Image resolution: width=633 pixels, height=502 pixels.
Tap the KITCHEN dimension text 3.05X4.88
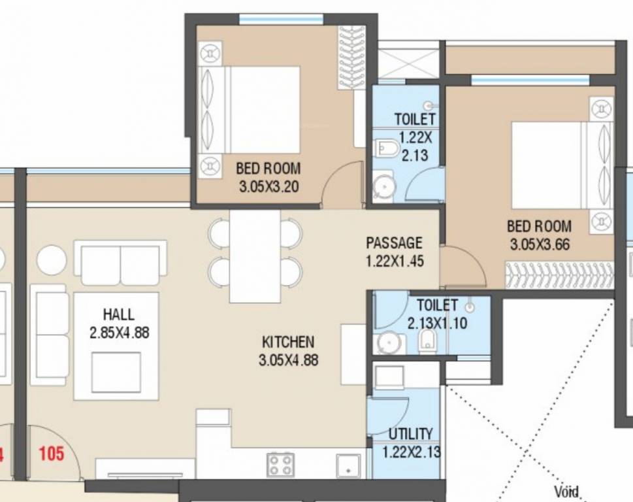(x=287, y=359)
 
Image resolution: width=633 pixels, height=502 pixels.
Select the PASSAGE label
(x=394, y=243)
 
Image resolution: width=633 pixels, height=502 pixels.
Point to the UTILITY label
(x=410, y=434)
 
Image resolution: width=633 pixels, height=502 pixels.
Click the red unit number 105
(x=51, y=453)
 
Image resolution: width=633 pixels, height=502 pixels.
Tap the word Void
(x=566, y=492)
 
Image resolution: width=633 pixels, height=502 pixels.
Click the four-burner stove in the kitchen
(x=280, y=464)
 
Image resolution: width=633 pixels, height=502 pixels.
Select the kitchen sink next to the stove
(x=349, y=465)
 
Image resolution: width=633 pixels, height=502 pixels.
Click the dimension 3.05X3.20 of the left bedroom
(x=268, y=187)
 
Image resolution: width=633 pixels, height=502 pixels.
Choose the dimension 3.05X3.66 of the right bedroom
(x=539, y=244)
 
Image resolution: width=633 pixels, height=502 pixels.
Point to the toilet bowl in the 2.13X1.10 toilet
(x=427, y=340)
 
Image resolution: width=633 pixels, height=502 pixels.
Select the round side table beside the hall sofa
(x=52, y=259)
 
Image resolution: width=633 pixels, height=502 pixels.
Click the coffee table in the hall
(x=116, y=373)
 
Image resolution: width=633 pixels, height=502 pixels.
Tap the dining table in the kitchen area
(x=255, y=256)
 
